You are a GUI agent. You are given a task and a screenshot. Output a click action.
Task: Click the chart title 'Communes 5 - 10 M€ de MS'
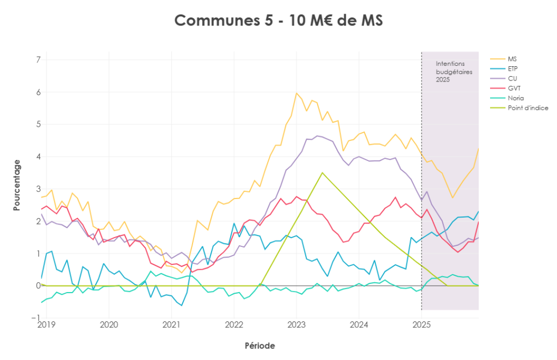point(278,21)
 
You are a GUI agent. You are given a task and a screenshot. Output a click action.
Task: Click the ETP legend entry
point(513,69)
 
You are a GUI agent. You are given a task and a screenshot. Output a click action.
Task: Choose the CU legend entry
point(512,78)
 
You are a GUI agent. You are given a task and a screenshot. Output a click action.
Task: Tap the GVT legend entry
point(513,88)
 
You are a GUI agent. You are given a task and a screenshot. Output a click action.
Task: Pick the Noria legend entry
point(515,98)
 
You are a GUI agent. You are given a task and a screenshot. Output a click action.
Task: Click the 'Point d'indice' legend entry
point(528,108)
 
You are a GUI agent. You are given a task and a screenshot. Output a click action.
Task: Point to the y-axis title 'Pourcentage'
point(17,185)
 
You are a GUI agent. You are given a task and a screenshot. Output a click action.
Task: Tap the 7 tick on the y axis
point(39,60)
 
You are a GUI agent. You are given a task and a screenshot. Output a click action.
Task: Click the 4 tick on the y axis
point(39,157)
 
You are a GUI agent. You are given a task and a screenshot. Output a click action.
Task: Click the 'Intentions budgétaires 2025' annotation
point(454,72)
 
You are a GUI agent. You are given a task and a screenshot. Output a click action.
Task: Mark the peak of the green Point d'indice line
point(323,173)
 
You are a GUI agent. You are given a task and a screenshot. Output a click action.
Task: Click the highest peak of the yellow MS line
point(296,93)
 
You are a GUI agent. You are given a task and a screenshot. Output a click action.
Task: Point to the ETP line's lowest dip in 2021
point(182,306)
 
